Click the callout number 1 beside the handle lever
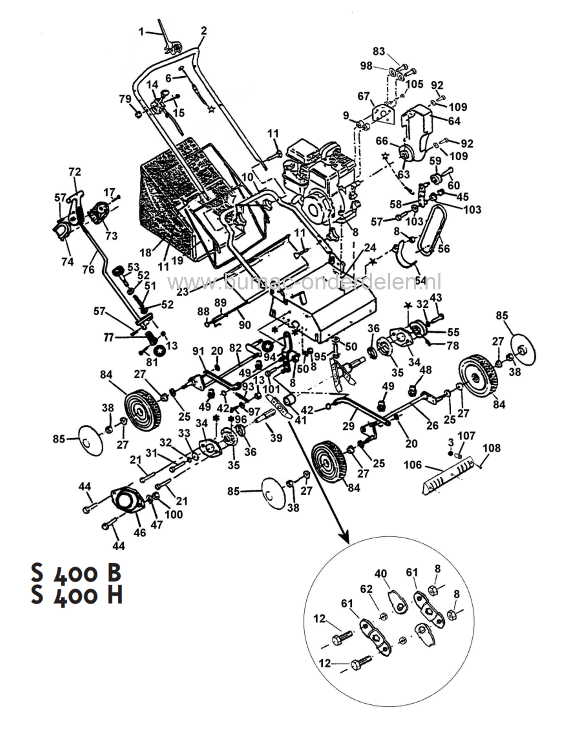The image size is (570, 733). tap(141, 32)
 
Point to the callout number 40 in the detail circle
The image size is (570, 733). tap(381, 574)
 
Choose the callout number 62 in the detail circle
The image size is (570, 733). tap(366, 589)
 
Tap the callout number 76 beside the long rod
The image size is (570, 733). tap(88, 269)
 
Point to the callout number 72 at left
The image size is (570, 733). tap(75, 172)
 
